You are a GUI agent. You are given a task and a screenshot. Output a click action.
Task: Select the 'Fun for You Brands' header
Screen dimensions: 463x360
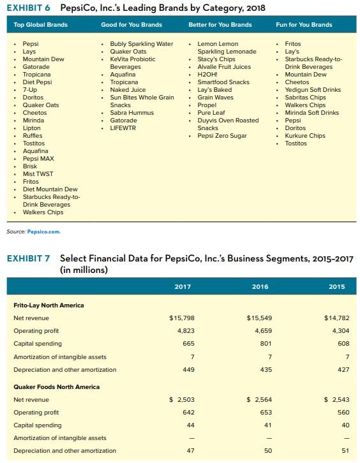click(304, 25)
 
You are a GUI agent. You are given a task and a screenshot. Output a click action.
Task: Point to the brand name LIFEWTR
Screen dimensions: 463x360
click(123, 128)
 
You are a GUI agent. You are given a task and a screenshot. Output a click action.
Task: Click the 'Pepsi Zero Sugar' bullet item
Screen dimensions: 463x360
click(223, 135)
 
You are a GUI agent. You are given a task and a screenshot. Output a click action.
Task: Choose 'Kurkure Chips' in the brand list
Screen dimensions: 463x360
click(305, 135)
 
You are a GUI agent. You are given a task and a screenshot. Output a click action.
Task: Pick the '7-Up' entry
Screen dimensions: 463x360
click(30, 89)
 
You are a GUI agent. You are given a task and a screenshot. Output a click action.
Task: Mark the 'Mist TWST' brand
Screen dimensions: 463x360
click(38, 173)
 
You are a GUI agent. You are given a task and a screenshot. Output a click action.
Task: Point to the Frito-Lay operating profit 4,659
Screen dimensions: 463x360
click(263, 330)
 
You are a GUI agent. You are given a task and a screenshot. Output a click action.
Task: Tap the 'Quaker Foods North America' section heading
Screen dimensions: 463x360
click(57, 386)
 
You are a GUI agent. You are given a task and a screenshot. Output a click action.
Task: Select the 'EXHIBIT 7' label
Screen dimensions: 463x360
click(29, 258)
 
